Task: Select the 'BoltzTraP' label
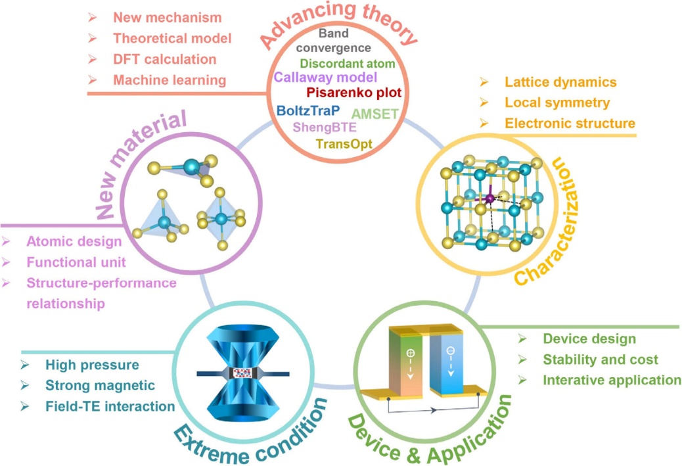click(x=307, y=110)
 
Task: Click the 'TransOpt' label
click(x=344, y=143)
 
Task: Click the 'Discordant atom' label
click(x=347, y=63)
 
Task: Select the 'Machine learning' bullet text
click(x=170, y=80)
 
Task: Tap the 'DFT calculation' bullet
click(x=164, y=59)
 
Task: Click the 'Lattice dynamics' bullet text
click(x=560, y=82)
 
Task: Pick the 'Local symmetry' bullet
click(x=557, y=103)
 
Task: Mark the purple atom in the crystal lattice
click(x=489, y=198)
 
